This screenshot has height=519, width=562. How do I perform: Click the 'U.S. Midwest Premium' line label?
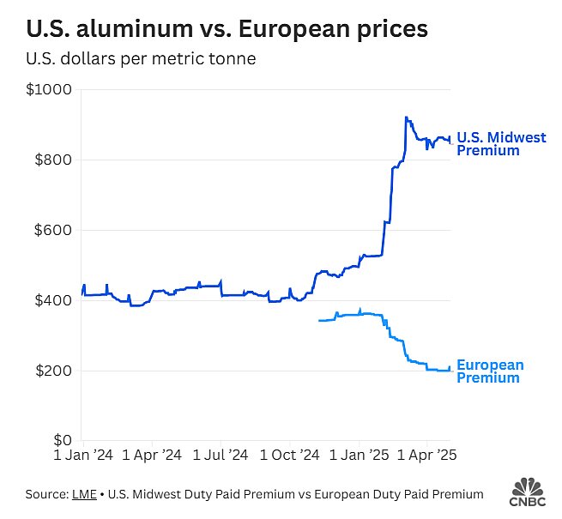point(501,144)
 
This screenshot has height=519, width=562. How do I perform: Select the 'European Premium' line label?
point(490,371)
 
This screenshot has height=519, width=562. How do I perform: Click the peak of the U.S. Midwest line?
point(406,118)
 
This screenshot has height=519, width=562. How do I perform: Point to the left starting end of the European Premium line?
point(319,321)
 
